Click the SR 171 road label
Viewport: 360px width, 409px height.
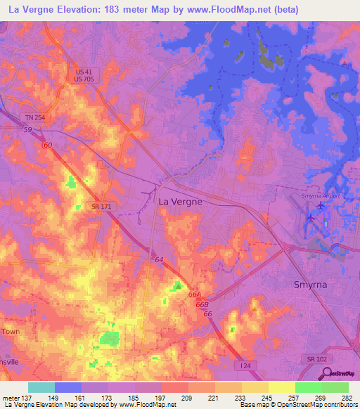pyautogui.click(x=99, y=205)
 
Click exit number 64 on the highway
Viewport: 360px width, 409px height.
pyautogui.click(x=159, y=260)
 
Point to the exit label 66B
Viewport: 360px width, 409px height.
pyautogui.click(x=202, y=304)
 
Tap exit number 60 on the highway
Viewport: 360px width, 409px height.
pyautogui.click(x=47, y=145)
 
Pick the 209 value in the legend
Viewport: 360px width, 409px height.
pyautogui.click(x=188, y=397)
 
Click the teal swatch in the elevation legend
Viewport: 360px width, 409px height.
pyautogui.click(x=41, y=387)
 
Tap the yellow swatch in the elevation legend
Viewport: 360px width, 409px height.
pyautogui.click(x=282, y=387)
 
